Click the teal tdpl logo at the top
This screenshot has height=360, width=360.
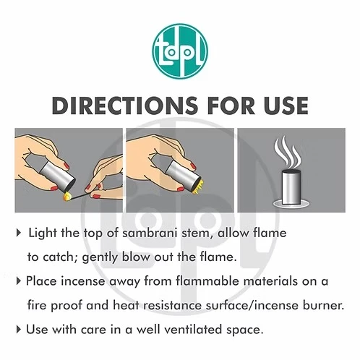point(180,51)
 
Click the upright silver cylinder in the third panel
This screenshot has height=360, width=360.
point(291,187)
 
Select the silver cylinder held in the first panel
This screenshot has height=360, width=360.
point(58,174)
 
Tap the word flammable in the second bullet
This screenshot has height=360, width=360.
point(207,281)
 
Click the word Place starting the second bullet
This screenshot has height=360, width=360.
point(41,281)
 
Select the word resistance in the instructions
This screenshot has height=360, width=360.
point(172,306)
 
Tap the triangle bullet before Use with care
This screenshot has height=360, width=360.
point(19,330)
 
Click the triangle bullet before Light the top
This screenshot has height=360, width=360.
point(19,233)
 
